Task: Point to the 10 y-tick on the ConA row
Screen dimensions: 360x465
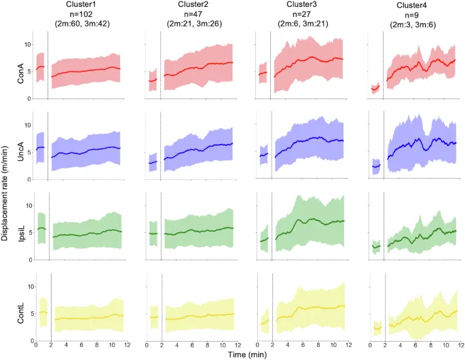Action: click(27, 44)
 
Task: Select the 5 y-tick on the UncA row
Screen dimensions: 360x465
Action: click(29, 152)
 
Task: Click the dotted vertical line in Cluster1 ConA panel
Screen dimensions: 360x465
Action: click(48, 71)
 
